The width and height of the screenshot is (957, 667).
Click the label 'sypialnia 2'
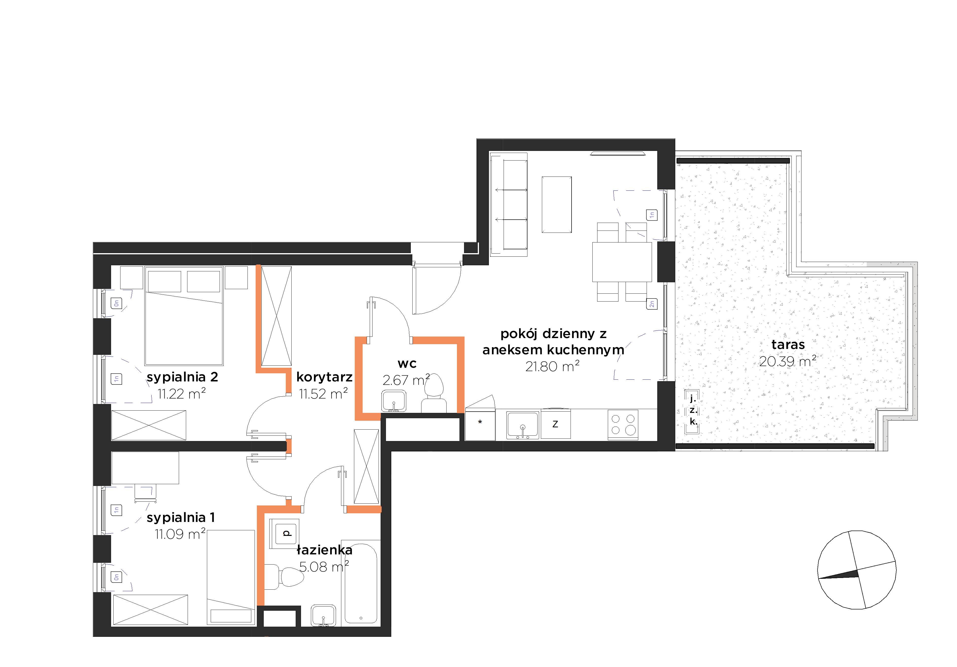pyautogui.click(x=182, y=377)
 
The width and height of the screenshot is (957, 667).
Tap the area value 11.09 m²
pyautogui.click(x=180, y=534)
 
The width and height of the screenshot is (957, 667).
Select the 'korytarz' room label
pyautogui.click(x=324, y=377)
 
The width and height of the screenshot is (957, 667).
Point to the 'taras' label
pyautogui.click(x=788, y=345)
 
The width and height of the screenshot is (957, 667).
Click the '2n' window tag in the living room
pyautogui.click(x=651, y=304)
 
